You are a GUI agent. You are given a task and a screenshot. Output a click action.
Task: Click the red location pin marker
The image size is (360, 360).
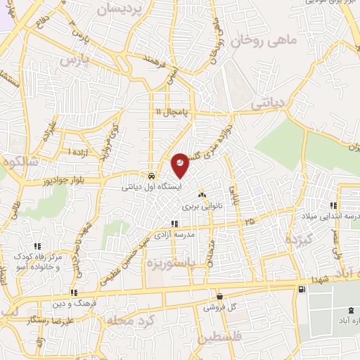click(x=180, y=165)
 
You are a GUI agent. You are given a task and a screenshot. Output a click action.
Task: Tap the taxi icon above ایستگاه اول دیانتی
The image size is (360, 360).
click(x=151, y=176)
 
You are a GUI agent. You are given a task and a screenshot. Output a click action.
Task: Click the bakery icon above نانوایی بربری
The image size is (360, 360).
click(x=202, y=195)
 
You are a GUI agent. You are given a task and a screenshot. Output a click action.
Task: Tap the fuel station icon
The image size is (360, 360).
click(x=302, y=290)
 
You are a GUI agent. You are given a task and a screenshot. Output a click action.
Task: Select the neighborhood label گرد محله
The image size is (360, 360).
click(x=126, y=321)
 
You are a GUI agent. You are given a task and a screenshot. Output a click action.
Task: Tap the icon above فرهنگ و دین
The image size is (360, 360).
click(x=73, y=293)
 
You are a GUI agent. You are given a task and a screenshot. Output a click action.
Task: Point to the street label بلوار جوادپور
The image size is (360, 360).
click(x=89, y=181)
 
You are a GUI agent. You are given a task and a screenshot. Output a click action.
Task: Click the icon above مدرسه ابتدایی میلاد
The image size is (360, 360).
click(x=333, y=205)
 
